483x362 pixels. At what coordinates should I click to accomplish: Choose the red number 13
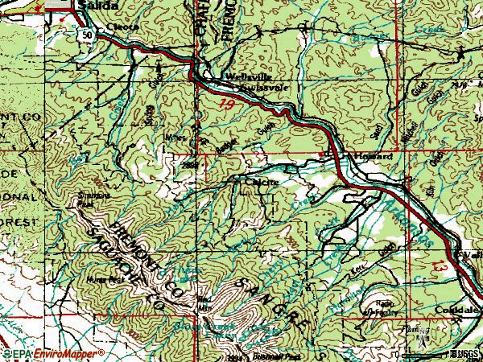click(x=440, y=265)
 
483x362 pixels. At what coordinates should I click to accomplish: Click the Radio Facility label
click(x=382, y=311)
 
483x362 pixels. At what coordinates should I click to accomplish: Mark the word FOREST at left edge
click(x=19, y=218)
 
